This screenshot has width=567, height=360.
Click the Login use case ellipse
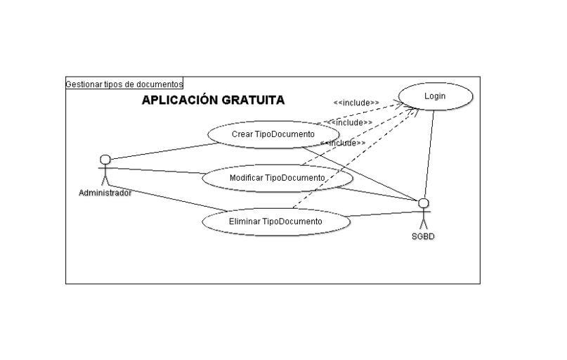tap(436, 96)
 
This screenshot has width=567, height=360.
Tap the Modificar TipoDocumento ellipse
tap(277, 178)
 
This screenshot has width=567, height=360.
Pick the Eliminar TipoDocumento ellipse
tap(275, 221)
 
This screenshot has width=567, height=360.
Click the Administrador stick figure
tap(105, 169)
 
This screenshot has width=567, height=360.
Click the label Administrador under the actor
tap(105, 193)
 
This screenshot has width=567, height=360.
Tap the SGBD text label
tap(423, 237)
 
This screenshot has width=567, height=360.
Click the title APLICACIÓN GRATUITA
tap(213, 100)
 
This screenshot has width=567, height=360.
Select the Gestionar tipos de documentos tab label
tap(124, 84)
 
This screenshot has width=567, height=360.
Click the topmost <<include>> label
tap(356, 103)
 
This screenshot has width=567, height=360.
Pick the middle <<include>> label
tap(349, 122)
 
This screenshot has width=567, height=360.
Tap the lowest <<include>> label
tap(342, 143)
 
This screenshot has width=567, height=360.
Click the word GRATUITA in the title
tap(253, 100)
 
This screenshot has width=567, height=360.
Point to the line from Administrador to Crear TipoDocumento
tap(162, 151)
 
